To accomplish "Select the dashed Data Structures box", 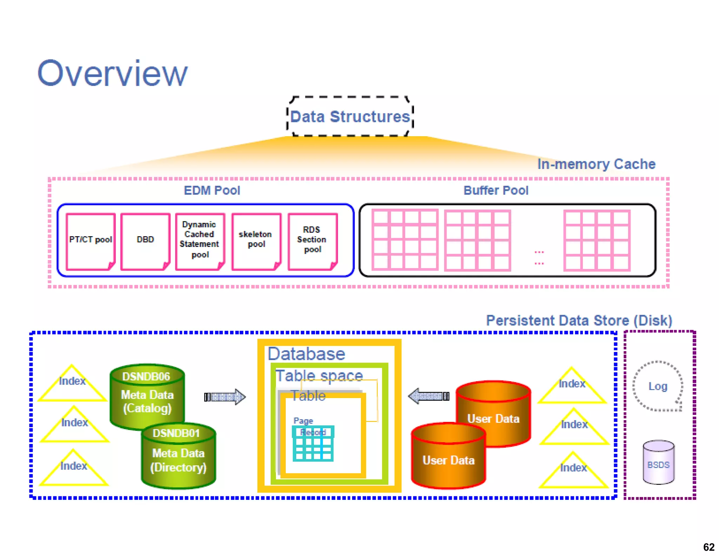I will click(350, 116).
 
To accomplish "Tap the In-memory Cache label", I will click(596, 164).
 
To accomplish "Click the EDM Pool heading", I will click(212, 190).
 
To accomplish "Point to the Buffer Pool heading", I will click(496, 190).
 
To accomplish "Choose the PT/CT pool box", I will click(91, 241).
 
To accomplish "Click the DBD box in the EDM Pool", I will click(145, 241).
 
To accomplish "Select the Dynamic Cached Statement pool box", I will click(200, 241).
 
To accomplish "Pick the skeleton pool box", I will click(256, 241).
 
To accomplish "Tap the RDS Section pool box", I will click(312, 241).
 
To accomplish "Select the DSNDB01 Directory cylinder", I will click(178, 456).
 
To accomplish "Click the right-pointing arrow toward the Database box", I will click(225, 397).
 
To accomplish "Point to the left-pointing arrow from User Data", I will click(429, 396).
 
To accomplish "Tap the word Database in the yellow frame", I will click(306, 354).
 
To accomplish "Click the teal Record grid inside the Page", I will click(313, 444).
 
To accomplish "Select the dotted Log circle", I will click(658, 386).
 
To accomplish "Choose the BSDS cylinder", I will click(658, 462).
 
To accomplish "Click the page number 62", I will click(708, 547).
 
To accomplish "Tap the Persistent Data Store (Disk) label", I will click(579, 320).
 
